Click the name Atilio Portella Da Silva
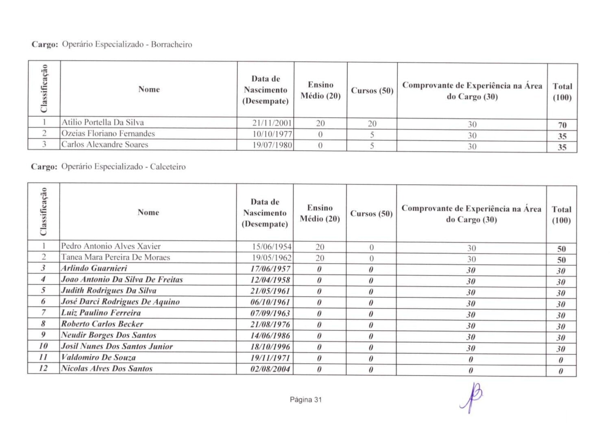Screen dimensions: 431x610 pyautogui.click(x=102, y=122)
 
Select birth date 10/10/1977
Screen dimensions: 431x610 pyautogui.click(x=272, y=134)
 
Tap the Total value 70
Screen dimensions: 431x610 pyautogui.click(x=562, y=125)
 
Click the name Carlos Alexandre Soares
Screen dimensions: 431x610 pyautogui.click(x=105, y=144)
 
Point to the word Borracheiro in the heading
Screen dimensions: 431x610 pyautogui.click(x=171, y=44)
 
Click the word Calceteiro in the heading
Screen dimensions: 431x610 pyautogui.click(x=168, y=167)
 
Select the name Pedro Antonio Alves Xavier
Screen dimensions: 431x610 pyautogui.click(x=111, y=246)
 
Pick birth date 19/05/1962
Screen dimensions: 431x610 pyautogui.click(x=272, y=258)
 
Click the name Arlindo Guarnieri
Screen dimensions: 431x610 pyautogui.click(x=94, y=268)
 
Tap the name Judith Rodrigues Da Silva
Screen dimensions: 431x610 pyautogui.click(x=109, y=291)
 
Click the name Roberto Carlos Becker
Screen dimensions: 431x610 pyautogui.click(x=102, y=324)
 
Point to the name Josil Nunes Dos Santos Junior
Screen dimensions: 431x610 pyautogui.click(x=117, y=346)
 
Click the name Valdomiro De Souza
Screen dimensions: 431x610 pyautogui.click(x=98, y=358)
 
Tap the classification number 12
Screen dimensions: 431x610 pyautogui.click(x=43, y=368)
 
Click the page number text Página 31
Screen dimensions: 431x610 pyautogui.click(x=305, y=400)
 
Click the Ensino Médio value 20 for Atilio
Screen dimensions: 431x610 pyautogui.click(x=320, y=123)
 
